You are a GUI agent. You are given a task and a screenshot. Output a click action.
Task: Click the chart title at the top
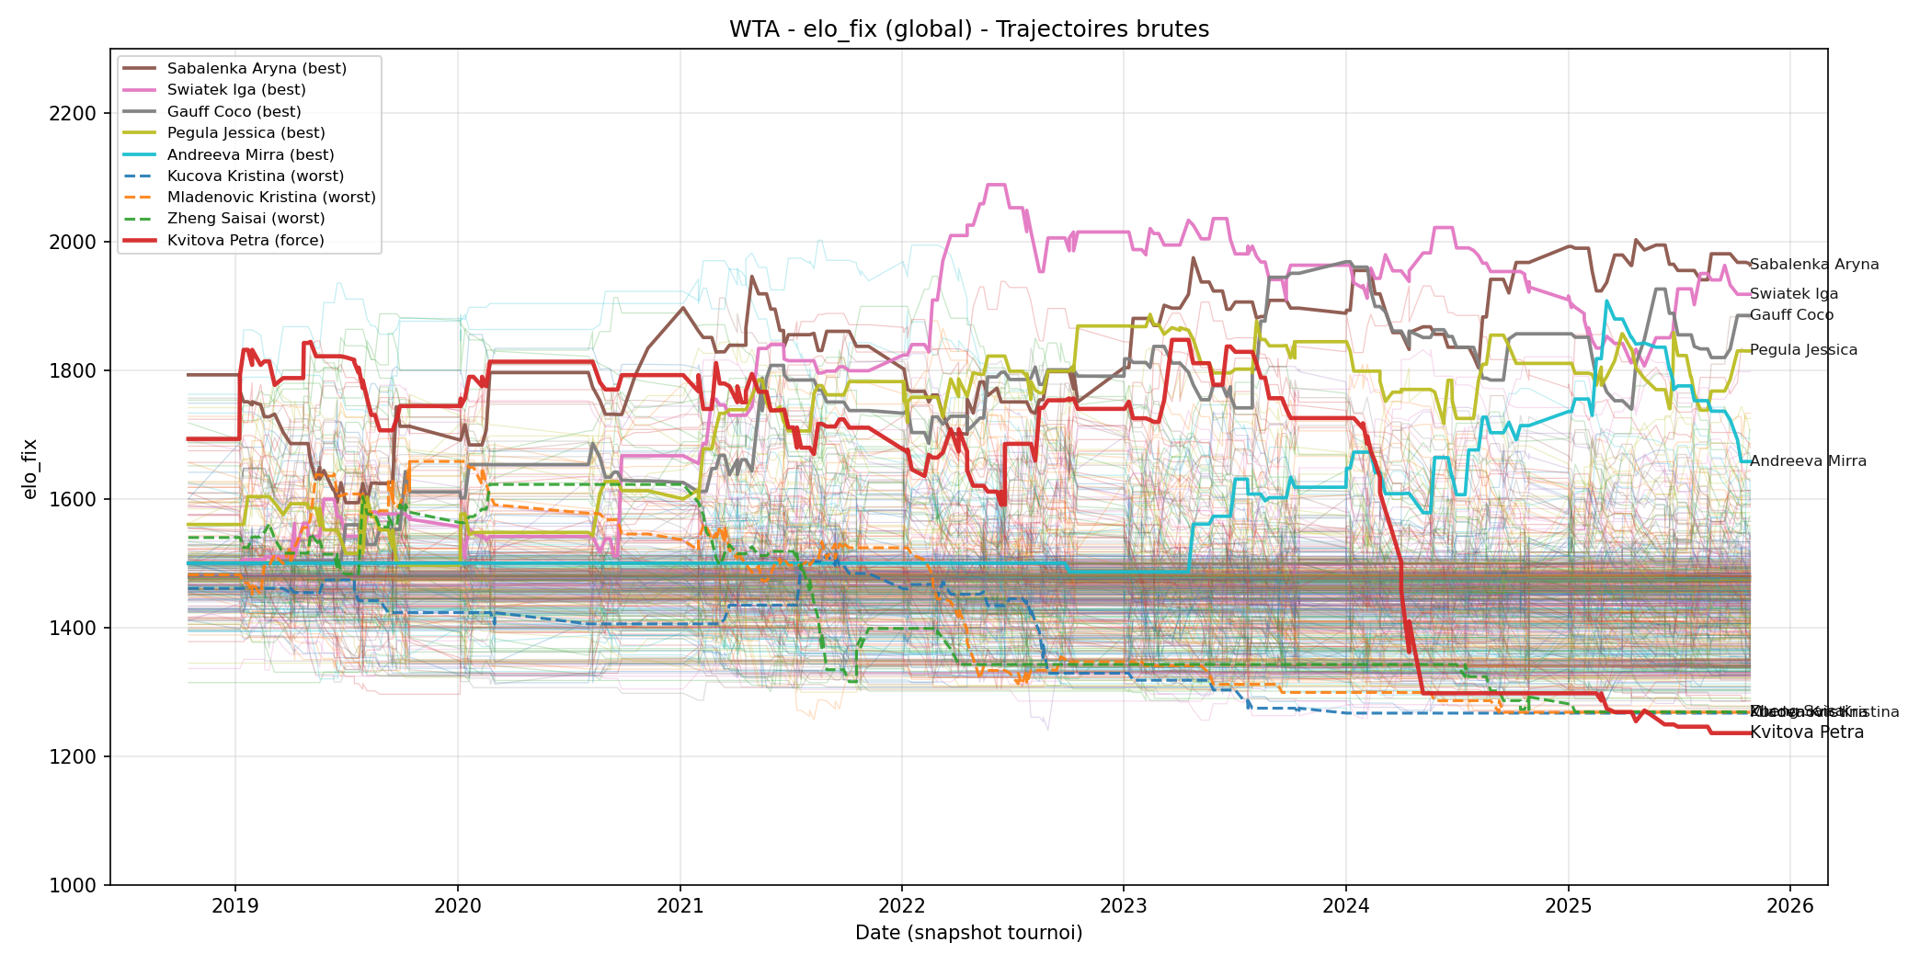[x=968, y=29]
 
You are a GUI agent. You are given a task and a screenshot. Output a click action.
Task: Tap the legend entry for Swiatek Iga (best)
[x=236, y=90]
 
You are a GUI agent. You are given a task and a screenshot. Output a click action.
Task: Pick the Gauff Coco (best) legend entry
[x=234, y=112]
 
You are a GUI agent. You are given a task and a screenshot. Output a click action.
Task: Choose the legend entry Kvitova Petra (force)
[x=246, y=241]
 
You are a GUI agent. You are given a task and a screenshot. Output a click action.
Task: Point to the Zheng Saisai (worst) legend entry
[x=246, y=219]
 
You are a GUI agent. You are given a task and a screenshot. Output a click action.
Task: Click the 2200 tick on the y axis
[x=72, y=114]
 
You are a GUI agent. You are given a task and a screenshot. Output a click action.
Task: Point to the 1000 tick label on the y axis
[x=72, y=886]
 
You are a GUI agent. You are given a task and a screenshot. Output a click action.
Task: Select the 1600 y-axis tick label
[x=72, y=500]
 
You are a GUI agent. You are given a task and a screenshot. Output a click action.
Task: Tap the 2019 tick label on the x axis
[x=235, y=906]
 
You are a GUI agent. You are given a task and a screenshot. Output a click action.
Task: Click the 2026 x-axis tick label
[x=1790, y=906]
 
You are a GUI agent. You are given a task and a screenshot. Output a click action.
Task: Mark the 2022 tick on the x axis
[x=902, y=906]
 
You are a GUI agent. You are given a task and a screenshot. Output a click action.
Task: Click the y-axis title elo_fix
[x=30, y=469]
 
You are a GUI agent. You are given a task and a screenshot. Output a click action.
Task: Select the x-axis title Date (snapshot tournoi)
[x=968, y=934]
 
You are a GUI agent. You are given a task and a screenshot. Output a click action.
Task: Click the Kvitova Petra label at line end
[x=1806, y=732]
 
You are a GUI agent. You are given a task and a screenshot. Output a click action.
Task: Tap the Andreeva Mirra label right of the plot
[x=1808, y=461]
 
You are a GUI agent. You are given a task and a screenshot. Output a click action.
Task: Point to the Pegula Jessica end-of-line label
[x=1803, y=350]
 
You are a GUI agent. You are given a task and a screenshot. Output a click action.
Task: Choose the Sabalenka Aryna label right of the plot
[x=1813, y=265]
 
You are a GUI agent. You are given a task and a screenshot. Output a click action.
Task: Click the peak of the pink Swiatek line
[x=996, y=185]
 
